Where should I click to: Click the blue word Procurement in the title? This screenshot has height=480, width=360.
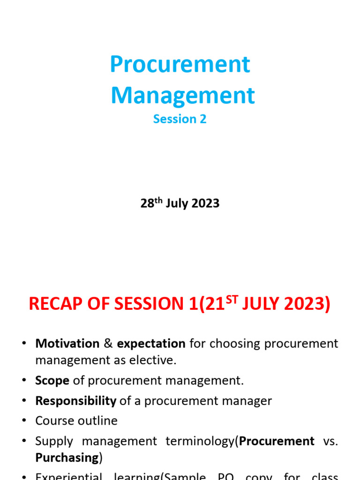[x=180, y=64]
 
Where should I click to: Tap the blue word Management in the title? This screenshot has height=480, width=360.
[x=183, y=95]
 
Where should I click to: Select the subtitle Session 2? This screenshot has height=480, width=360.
[x=180, y=119]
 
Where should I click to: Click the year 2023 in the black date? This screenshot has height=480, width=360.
[x=205, y=203]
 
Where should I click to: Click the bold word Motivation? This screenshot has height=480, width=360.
[x=67, y=344]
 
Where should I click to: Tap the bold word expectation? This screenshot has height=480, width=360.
[x=151, y=344]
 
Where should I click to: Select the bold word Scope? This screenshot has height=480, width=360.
[x=52, y=380]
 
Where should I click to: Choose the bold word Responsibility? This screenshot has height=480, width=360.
[x=75, y=401]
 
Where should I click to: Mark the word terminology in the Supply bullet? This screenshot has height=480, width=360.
[x=200, y=441]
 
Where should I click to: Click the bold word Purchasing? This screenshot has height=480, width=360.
[x=67, y=457]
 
